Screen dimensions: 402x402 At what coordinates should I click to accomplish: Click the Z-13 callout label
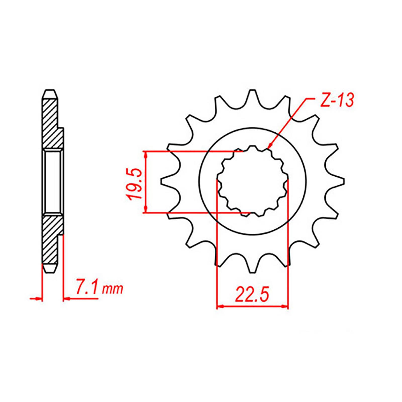tap(336, 100)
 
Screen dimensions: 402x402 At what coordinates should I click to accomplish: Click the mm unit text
tap(113, 290)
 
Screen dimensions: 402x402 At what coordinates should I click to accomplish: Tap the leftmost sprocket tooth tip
tap(163, 180)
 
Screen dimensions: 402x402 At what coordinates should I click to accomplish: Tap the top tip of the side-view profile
tap(50, 91)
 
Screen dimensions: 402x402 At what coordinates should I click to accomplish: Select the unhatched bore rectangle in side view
tap(53, 181)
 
